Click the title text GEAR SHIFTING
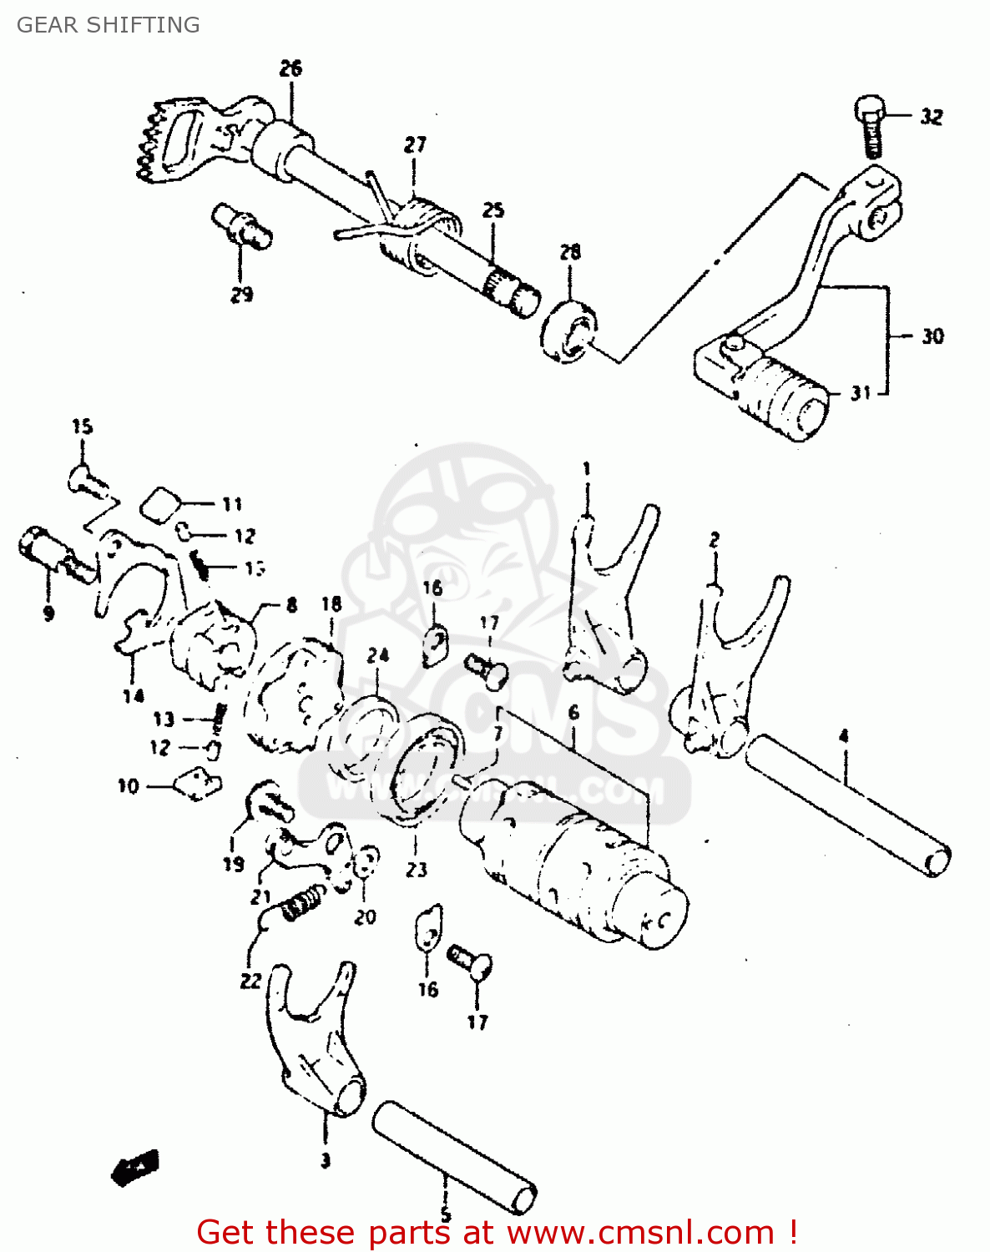pos(108,25)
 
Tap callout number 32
pos(932,117)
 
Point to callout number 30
pos(932,336)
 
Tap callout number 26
pos(290,68)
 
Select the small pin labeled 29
pos(241,225)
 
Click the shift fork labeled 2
pos(730,668)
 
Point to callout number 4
pos(844,736)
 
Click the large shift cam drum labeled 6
pos(576,860)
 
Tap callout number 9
pos(48,613)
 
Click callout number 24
pos(378,655)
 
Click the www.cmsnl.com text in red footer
pos(641,1232)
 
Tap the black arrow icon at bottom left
pos(135,1167)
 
